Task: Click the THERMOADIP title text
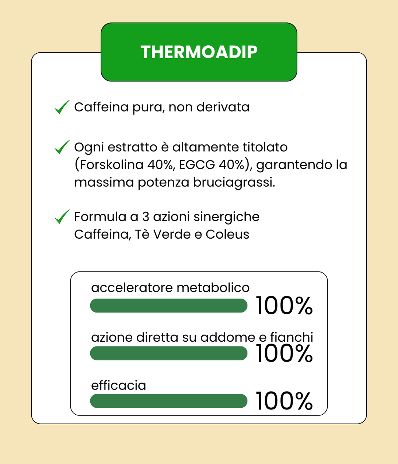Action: point(199,52)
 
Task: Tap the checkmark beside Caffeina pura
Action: point(62,107)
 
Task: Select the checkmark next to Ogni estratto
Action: point(62,147)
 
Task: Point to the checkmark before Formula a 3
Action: point(62,217)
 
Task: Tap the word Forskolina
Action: point(111,165)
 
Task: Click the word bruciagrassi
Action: point(234,182)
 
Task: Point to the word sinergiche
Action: point(226,217)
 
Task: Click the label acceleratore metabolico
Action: point(170,288)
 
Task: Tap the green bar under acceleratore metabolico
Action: point(169,306)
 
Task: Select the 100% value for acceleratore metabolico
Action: point(284,306)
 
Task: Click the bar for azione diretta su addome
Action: point(169,353)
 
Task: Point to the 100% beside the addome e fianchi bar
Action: point(284,353)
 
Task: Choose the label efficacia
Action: point(119,386)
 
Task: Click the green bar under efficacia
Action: point(169,401)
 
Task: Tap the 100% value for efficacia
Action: point(284,401)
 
